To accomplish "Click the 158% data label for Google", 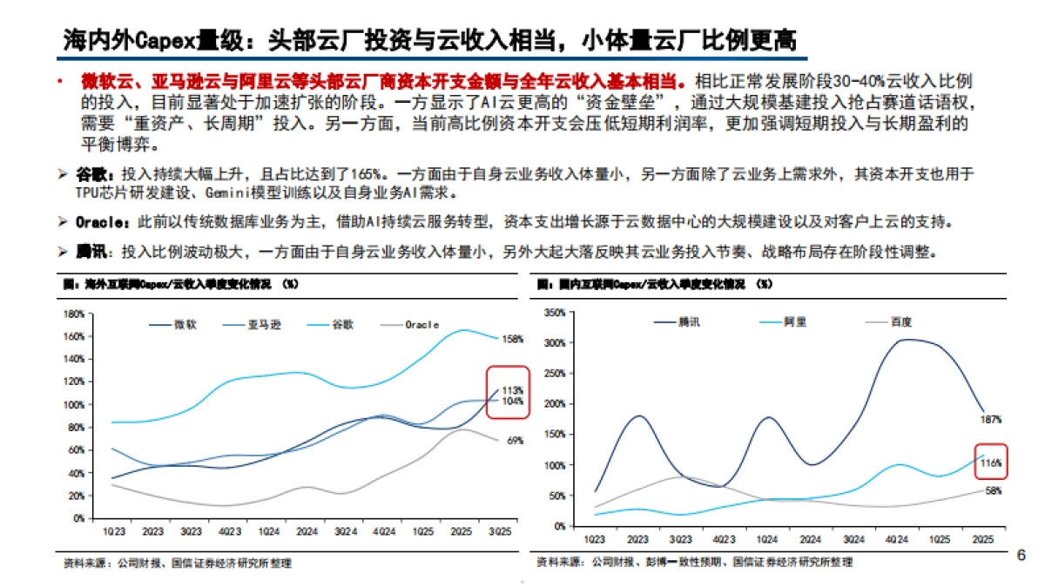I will (x=513, y=339).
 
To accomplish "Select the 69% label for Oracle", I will (x=515, y=441).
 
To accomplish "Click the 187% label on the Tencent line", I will (x=990, y=419).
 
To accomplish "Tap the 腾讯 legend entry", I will (x=689, y=321).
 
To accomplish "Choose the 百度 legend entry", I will (x=900, y=321).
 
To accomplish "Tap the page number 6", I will (x=1021, y=555).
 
